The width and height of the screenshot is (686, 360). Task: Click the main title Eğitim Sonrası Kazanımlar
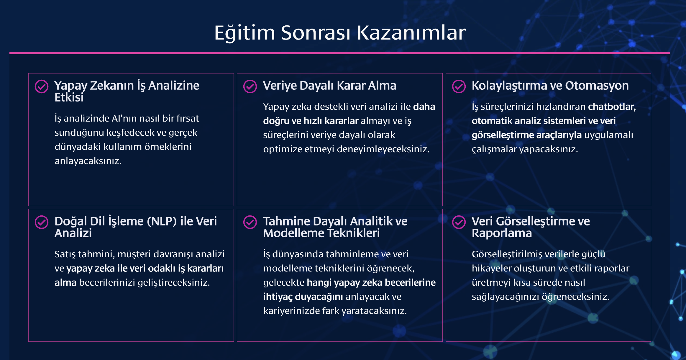pyautogui.click(x=340, y=32)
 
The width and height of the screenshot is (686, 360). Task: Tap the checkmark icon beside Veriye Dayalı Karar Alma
pyautogui.click(x=250, y=86)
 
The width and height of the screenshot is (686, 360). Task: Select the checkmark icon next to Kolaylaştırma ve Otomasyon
pyautogui.click(x=459, y=86)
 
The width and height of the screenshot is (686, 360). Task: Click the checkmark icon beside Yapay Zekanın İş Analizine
pyautogui.click(x=42, y=86)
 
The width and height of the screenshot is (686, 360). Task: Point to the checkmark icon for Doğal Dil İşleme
pyautogui.click(x=42, y=222)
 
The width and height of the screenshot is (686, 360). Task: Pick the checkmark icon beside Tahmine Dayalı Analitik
pyautogui.click(x=250, y=222)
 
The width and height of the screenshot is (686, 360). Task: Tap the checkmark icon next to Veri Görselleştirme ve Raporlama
pyautogui.click(x=459, y=222)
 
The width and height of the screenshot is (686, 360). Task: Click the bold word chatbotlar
pyautogui.click(x=612, y=107)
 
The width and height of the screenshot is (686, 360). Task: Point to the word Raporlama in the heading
pyautogui.click(x=502, y=233)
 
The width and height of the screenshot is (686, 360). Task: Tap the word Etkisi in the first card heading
pyautogui.click(x=69, y=97)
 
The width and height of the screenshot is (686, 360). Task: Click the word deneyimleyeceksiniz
pyautogui.click(x=383, y=149)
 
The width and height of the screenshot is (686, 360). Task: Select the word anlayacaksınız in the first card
pyautogui.click(x=88, y=161)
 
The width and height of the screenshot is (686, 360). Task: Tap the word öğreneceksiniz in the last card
pyautogui.click(x=576, y=297)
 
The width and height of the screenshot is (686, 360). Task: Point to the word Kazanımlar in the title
pyautogui.click(x=411, y=32)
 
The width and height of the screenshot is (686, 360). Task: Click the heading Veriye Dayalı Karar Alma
pyautogui.click(x=330, y=86)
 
